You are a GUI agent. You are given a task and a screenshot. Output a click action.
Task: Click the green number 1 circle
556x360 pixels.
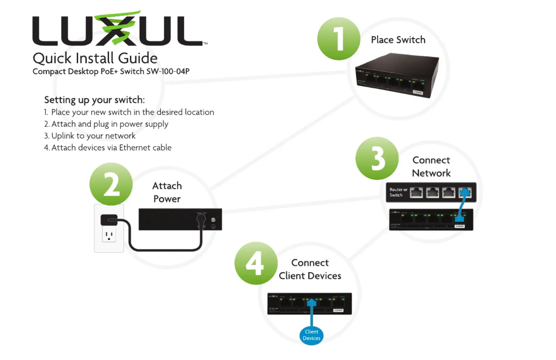[339, 39]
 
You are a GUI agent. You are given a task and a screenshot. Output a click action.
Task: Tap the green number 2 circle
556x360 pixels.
[111, 184]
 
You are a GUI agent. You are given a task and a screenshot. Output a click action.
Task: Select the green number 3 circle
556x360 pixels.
[377, 159]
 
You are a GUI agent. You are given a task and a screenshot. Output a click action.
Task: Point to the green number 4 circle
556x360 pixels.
[256, 263]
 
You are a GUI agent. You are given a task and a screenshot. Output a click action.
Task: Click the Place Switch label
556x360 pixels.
[398, 40]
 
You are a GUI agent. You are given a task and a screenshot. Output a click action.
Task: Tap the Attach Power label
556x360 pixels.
[167, 192]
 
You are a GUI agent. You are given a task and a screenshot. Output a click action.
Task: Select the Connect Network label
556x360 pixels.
[431, 167]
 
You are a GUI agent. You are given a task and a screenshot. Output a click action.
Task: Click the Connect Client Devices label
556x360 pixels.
[310, 269]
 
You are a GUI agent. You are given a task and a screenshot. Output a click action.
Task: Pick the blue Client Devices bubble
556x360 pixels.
[311, 335]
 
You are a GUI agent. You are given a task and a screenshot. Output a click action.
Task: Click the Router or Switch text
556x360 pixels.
[398, 192]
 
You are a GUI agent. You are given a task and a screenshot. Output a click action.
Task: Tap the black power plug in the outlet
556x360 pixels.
[109, 220]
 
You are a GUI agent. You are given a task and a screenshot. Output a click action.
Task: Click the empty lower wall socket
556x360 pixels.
[109, 236]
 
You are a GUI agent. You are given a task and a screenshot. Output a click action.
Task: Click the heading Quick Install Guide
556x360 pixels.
[95, 58]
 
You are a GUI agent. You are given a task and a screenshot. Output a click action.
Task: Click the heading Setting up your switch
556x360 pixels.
[94, 100]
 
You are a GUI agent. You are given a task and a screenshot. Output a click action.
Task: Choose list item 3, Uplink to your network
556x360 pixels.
[90, 136]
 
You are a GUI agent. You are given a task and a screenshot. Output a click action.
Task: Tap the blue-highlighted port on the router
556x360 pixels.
[465, 193]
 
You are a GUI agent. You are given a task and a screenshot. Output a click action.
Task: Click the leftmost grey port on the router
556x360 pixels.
[416, 193]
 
